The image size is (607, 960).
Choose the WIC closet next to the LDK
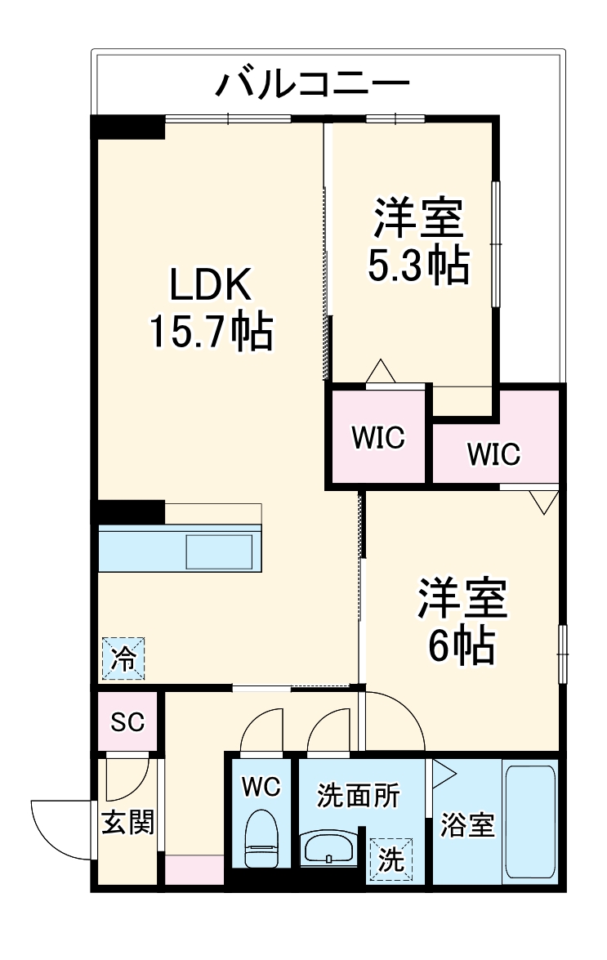(x=377, y=438)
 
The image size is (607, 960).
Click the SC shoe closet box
(x=127, y=721)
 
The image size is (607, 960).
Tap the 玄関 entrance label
(x=128, y=822)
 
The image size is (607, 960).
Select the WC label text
(x=261, y=787)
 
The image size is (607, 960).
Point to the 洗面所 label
(x=359, y=795)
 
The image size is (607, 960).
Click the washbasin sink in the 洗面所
(x=328, y=848)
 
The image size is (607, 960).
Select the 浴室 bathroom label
(x=467, y=825)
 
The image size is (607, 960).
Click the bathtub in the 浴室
(x=530, y=822)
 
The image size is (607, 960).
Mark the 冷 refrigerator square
(x=123, y=658)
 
